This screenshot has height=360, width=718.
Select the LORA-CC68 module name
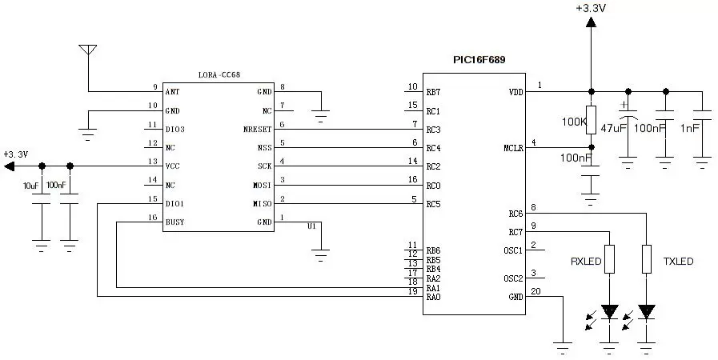pos(219,74)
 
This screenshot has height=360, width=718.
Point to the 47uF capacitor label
pos(612,128)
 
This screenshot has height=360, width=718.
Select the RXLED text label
pos(586,262)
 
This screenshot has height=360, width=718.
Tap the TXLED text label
pos(678,262)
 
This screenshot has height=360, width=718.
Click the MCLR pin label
pos(513,148)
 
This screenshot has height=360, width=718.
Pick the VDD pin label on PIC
pos(515,92)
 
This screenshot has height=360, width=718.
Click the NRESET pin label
pos(258,130)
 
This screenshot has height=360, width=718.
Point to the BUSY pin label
pos(174,222)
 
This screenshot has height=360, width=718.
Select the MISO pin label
pos(262,204)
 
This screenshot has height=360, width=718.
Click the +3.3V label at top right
pos(590,8)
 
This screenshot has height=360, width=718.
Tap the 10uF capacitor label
pos(31,186)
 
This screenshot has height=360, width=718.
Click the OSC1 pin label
pos(513,250)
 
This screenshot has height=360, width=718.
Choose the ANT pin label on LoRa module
pos(172,92)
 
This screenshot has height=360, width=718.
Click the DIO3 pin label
pos(174,130)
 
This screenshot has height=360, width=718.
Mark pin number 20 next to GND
pos(535,291)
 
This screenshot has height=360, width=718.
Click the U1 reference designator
pos(312,226)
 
